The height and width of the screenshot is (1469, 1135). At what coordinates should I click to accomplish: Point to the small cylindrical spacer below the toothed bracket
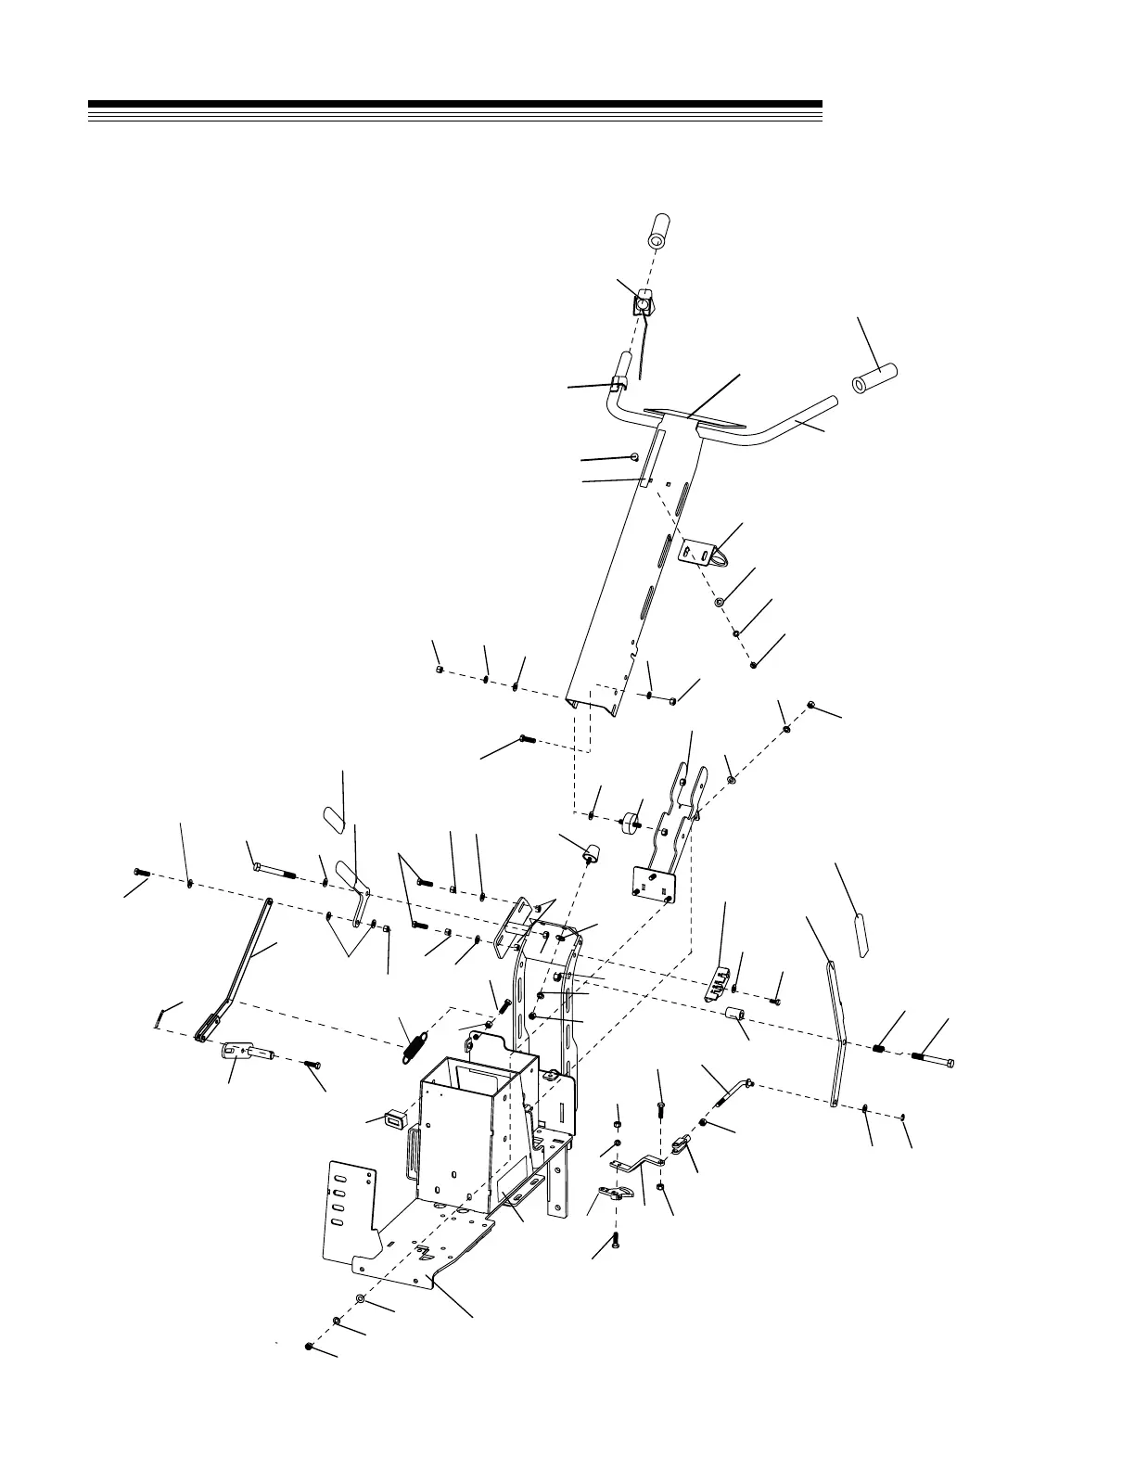click(x=736, y=1018)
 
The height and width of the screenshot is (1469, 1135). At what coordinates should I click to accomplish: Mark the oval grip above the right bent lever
click(x=861, y=936)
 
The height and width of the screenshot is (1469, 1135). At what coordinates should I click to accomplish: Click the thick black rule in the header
click(x=454, y=104)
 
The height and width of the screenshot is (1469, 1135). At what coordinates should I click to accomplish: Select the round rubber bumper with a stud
click(x=631, y=821)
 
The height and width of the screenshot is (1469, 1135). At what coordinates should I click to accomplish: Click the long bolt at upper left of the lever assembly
click(x=273, y=870)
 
